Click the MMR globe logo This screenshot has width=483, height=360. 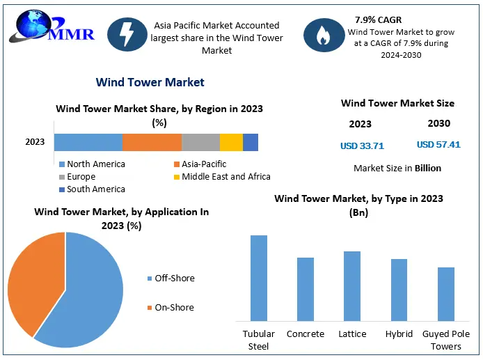[x=52, y=26]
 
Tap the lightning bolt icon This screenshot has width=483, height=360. [x=127, y=34]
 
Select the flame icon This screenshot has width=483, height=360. [x=324, y=35]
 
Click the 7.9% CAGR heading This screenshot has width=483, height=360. [x=379, y=19]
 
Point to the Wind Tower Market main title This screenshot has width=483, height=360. [x=150, y=82]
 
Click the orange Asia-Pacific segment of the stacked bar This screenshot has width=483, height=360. [x=152, y=142]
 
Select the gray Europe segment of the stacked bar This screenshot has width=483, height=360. [x=201, y=142]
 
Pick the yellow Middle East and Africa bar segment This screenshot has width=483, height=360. [x=231, y=142]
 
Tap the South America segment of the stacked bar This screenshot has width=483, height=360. [x=251, y=142]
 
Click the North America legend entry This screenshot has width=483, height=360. [x=92, y=164]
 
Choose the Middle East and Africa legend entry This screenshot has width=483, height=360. [x=222, y=177]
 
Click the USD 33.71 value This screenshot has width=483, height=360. [x=362, y=146]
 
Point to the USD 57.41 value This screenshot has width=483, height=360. [x=438, y=144]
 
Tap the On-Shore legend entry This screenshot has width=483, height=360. [x=171, y=307]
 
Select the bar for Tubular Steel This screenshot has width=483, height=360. [x=259, y=279]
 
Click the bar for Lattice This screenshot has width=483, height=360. [x=352, y=286]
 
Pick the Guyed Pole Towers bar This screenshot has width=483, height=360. [x=446, y=295]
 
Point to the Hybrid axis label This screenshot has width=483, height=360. [x=399, y=334]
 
